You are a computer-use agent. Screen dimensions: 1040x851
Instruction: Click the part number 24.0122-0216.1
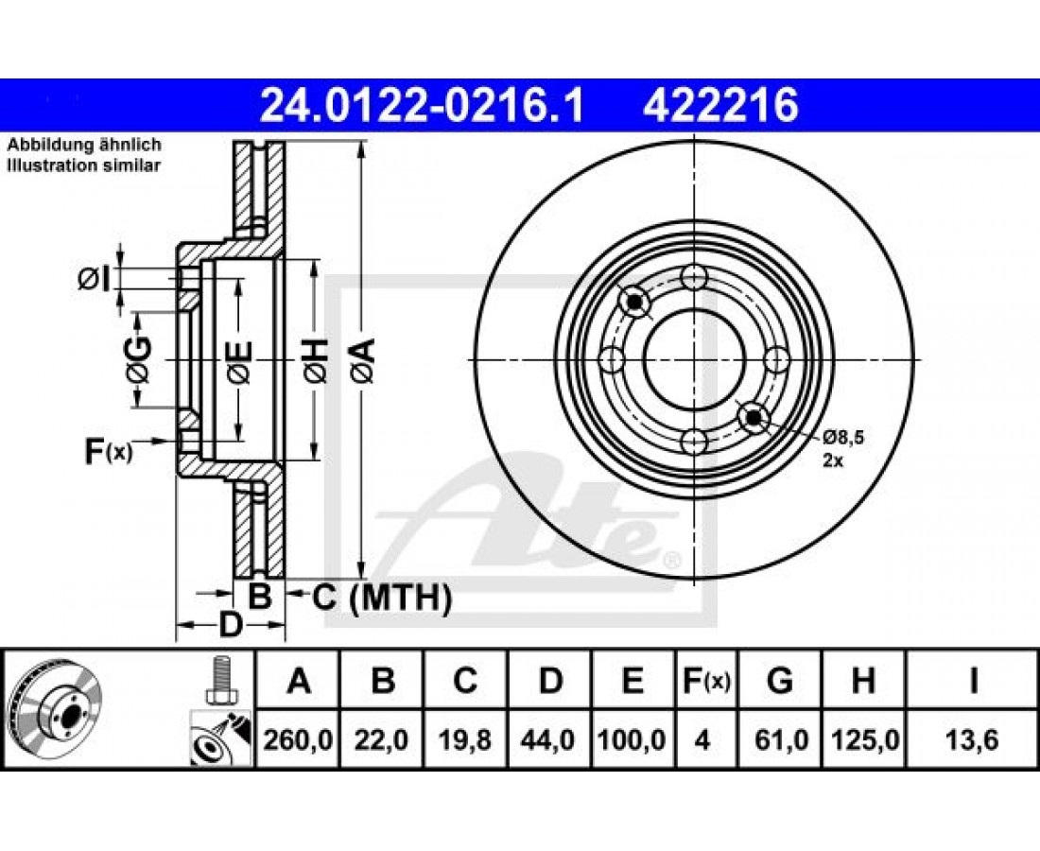pos(422,106)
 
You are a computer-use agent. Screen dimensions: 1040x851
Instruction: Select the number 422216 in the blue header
pos(719,106)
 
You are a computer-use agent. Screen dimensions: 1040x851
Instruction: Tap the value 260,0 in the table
pos(298,739)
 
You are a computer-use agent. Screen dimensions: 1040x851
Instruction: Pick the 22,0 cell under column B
pos(382,739)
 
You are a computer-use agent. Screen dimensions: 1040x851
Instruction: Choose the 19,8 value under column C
pos(465,739)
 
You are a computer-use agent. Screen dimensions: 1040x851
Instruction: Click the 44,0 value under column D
pos(548,739)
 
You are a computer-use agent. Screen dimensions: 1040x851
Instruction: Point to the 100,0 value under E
pos(633,739)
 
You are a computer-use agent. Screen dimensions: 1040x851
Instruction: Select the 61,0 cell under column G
pos(781,739)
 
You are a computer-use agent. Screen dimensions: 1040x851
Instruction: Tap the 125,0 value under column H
pos(863,739)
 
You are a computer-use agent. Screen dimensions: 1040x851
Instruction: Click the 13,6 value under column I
pos(972,739)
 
